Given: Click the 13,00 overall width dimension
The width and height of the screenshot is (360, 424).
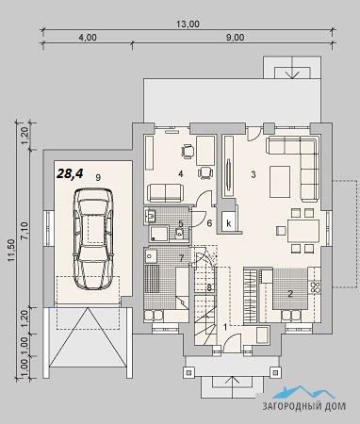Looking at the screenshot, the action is pyautogui.click(x=188, y=24).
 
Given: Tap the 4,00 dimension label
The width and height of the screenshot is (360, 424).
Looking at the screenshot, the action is pyautogui.click(x=88, y=38).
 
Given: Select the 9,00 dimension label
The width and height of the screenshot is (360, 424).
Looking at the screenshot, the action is pyautogui.click(x=235, y=38).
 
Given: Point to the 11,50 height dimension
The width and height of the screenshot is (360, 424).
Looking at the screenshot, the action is pyautogui.click(x=11, y=250).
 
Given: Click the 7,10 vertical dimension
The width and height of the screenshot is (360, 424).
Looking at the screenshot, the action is pyautogui.click(x=25, y=231).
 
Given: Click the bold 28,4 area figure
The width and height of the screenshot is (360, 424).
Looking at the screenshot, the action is pyautogui.click(x=70, y=173).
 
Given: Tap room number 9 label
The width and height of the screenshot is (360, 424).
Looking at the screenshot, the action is pyautogui.click(x=98, y=177).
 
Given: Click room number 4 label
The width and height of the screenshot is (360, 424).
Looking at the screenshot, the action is pyautogui.click(x=181, y=173).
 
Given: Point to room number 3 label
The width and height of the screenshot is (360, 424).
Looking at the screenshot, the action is pyautogui.click(x=254, y=174).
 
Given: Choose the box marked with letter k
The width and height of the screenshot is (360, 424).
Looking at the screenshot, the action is pyautogui.click(x=228, y=222).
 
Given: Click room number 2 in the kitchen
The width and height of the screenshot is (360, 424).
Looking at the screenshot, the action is pyautogui.click(x=290, y=294).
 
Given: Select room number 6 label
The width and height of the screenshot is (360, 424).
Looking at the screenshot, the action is pyautogui.click(x=209, y=223).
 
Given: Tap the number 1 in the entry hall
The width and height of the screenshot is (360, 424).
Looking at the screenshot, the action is pyautogui.click(x=225, y=327).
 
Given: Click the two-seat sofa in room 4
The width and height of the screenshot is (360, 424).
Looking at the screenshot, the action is pyautogui.click(x=165, y=193).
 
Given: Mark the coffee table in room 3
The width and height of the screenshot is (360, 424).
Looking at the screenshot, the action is pyautogui.click(x=280, y=182).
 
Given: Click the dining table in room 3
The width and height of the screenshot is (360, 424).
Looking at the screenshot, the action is pyautogui.click(x=303, y=231).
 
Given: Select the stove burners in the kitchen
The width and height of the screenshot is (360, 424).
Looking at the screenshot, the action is pyautogui.click(x=315, y=286).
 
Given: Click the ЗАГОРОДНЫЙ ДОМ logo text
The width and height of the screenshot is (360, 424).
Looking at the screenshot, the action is pyautogui.click(x=304, y=406).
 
